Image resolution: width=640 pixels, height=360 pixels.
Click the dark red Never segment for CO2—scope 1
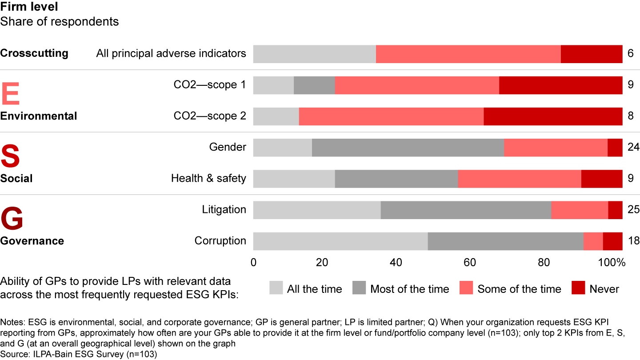pyautogui.click(x=560, y=85)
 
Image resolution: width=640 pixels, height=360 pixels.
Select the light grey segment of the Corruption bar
pyautogui.click(x=340, y=241)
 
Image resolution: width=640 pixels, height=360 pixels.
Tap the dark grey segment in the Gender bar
pyautogui.click(x=408, y=148)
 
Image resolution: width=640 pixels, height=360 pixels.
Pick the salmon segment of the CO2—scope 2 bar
pyautogui.click(x=391, y=116)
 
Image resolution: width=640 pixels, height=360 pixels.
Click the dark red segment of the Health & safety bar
pyautogui.click(x=601, y=179)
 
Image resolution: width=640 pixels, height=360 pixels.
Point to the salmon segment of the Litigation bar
pyautogui.click(x=580, y=210)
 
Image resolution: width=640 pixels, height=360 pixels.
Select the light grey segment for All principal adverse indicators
pyautogui.click(x=315, y=54)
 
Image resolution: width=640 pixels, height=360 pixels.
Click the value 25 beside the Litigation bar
pyautogui.click(x=634, y=210)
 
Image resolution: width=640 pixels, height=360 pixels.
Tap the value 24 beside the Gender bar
pyautogui.click(x=634, y=148)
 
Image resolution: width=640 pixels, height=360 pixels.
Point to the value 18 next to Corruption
pyautogui.click(x=634, y=241)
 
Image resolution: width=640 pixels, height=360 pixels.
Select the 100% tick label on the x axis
pyautogui.click(x=612, y=263)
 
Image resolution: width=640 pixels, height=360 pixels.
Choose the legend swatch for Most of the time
pyautogui.click(x=359, y=288)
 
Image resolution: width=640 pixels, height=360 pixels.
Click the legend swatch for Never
pyautogui.click(x=577, y=288)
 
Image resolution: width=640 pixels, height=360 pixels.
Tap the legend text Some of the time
pyautogui.click(x=519, y=289)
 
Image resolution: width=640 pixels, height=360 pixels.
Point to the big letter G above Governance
pyautogui.click(x=12, y=219)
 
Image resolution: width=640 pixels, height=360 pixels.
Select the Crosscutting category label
pyautogui.click(x=34, y=53)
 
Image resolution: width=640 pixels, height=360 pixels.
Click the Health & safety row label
pyautogui.click(x=208, y=179)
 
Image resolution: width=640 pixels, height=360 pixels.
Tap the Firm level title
pyautogui.click(x=29, y=7)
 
